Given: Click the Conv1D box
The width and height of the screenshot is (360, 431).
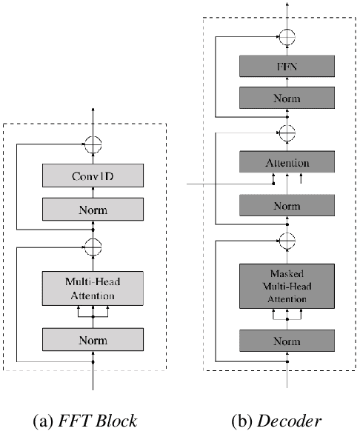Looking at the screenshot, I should click(x=93, y=176).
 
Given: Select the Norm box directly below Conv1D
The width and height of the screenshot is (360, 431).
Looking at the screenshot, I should click(x=93, y=210).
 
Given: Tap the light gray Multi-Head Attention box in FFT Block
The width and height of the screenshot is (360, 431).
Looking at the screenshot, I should click(x=93, y=289).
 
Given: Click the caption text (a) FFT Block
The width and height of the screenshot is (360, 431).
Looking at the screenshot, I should click(x=93, y=421).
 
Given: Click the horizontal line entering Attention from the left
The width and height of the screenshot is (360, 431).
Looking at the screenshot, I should click(x=222, y=184).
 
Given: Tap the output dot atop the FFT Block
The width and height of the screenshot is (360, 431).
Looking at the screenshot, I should click(x=93, y=110).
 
